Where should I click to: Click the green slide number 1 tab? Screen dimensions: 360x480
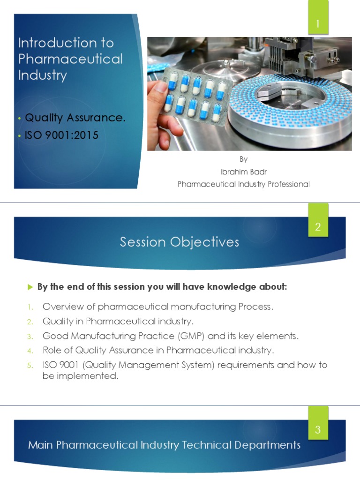coord(318,17)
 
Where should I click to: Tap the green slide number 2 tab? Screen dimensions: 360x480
coord(318,220)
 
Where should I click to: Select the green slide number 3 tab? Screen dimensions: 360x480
coord(318,423)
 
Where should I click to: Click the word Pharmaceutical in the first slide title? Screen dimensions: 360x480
coord(70,59)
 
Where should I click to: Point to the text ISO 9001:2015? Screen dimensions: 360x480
coord(61,135)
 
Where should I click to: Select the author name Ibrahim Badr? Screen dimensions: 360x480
coord(244,172)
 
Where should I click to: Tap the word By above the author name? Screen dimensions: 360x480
coord(244,159)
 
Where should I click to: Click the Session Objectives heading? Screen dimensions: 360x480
coord(180,242)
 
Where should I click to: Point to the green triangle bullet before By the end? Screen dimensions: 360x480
coord(30,287)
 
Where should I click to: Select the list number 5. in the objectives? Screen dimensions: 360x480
coord(30,365)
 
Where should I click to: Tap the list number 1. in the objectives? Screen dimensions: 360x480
coord(30,307)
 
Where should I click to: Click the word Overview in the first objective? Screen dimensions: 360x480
coord(63,307)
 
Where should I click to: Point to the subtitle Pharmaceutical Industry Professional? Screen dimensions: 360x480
coord(244,184)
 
